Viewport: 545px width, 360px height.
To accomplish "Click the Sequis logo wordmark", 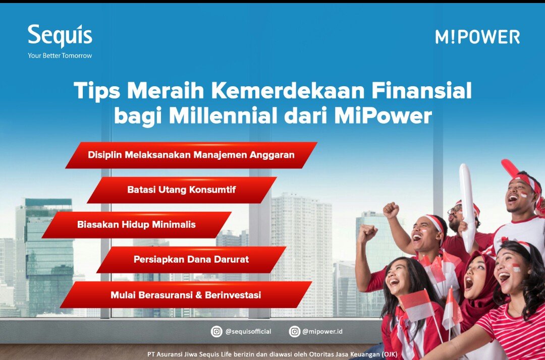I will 60,36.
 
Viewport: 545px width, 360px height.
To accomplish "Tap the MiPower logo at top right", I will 477,37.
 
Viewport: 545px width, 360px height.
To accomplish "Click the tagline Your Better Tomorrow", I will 60,56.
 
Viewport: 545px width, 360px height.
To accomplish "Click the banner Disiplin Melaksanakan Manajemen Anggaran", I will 191,155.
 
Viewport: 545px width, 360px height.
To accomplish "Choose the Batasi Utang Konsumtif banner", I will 181,190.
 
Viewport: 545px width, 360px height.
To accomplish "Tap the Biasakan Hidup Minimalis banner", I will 136,224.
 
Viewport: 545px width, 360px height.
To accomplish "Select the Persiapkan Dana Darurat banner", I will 191,259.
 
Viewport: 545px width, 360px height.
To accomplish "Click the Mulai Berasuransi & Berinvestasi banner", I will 186,294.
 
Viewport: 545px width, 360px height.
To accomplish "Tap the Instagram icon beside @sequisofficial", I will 216,331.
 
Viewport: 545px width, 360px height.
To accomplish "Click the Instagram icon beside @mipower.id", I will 294,331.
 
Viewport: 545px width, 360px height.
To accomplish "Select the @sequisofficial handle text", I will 248,331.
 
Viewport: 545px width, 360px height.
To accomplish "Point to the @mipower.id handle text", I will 322,331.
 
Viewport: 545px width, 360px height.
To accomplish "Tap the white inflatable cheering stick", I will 468,202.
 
